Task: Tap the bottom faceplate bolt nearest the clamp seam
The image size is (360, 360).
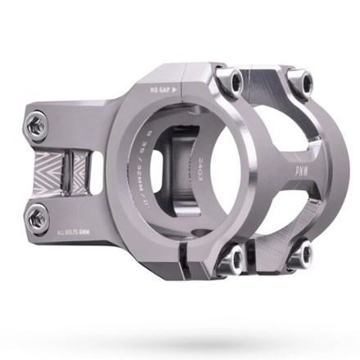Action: click(236, 262)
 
